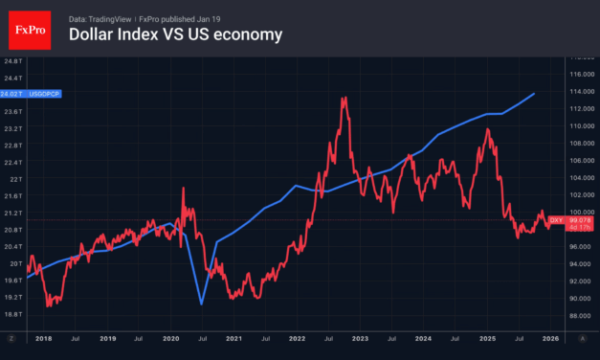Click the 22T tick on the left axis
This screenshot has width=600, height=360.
pyautogui.click(x=13, y=179)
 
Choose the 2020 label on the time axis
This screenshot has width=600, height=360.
pyautogui.click(x=171, y=339)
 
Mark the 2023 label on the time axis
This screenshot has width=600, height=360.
pyautogui.click(x=362, y=339)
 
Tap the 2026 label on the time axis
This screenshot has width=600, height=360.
pyautogui.click(x=551, y=339)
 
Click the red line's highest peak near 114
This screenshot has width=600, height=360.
pyautogui.click(x=342, y=97)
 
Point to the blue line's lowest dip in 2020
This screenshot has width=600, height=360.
pyautogui.click(x=201, y=304)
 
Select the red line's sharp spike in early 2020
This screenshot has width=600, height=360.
pyautogui.click(x=183, y=189)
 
